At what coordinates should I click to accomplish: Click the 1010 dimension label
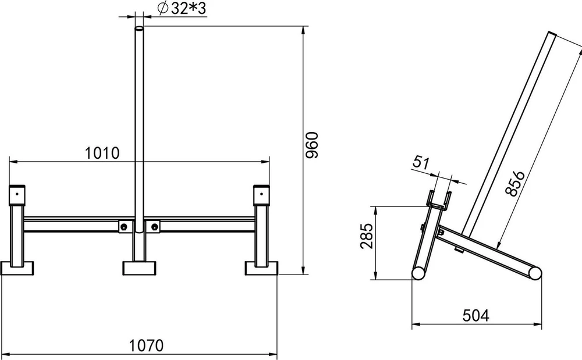pyautogui.click(x=102, y=153)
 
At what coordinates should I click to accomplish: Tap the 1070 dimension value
pyautogui.click(x=146, y=345)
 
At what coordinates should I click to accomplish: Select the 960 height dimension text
pyautogui.click(x=312, y=145)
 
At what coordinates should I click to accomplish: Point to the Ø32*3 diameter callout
pyautogui.click(x=182, y=9)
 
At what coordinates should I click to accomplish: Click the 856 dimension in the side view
pyautogui.click(x=515, y=183)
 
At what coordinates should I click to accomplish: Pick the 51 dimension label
pyautogui.click(x=421, y=163)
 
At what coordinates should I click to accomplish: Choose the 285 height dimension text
pyautogui.click(x=367, y=236)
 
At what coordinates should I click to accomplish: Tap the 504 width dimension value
pyautogui.click(x=476, y=316)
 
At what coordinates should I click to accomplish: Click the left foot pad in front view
pyautogui.click(x=17, y=268)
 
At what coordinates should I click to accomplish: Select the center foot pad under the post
pyautogui.click(x=139, y=268)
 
